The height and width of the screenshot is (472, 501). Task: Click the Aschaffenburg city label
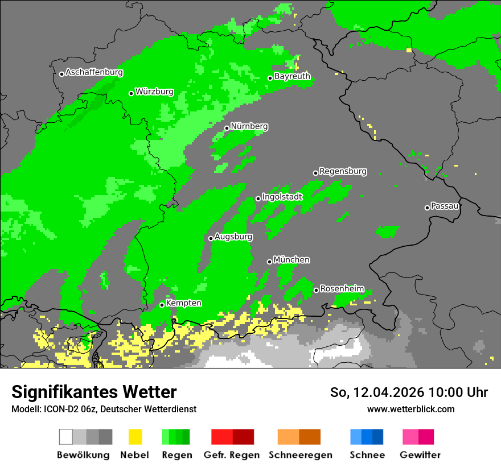[x=94, y=73]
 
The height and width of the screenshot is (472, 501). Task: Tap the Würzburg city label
[x=154, y=92]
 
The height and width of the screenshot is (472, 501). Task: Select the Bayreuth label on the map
[x=292, y=76]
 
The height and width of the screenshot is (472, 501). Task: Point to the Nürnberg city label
[x=249, y=126]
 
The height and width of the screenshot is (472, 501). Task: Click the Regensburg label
[x=343, y=171]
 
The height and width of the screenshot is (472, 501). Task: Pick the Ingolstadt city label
[x=282, y=197]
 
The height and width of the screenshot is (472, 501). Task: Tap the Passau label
[x=445, y=206]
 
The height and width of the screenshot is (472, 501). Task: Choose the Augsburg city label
[x=233, y=237]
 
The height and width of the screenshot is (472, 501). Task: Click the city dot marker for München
[x=270, y=262]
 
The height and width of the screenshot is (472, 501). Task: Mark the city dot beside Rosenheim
[x=316, y=291]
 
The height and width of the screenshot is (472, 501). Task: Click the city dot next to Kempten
[x=162, y=305]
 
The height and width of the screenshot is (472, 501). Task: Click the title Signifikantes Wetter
[x=94, y=392]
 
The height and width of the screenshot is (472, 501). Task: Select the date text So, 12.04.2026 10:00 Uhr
[x=409, y=392]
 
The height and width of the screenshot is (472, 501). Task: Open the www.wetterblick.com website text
[x=410, y=409]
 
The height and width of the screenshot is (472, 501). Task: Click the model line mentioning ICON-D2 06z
[x=104, y=409]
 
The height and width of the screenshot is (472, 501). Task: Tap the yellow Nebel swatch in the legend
[x=135, y=437]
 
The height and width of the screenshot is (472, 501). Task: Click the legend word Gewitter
[x=420, y=455]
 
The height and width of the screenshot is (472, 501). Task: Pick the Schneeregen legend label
[x=299, y=455]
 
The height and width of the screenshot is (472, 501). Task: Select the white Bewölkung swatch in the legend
[x=66, y=437]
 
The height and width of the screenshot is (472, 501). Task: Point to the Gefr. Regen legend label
[x=232, y=455]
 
